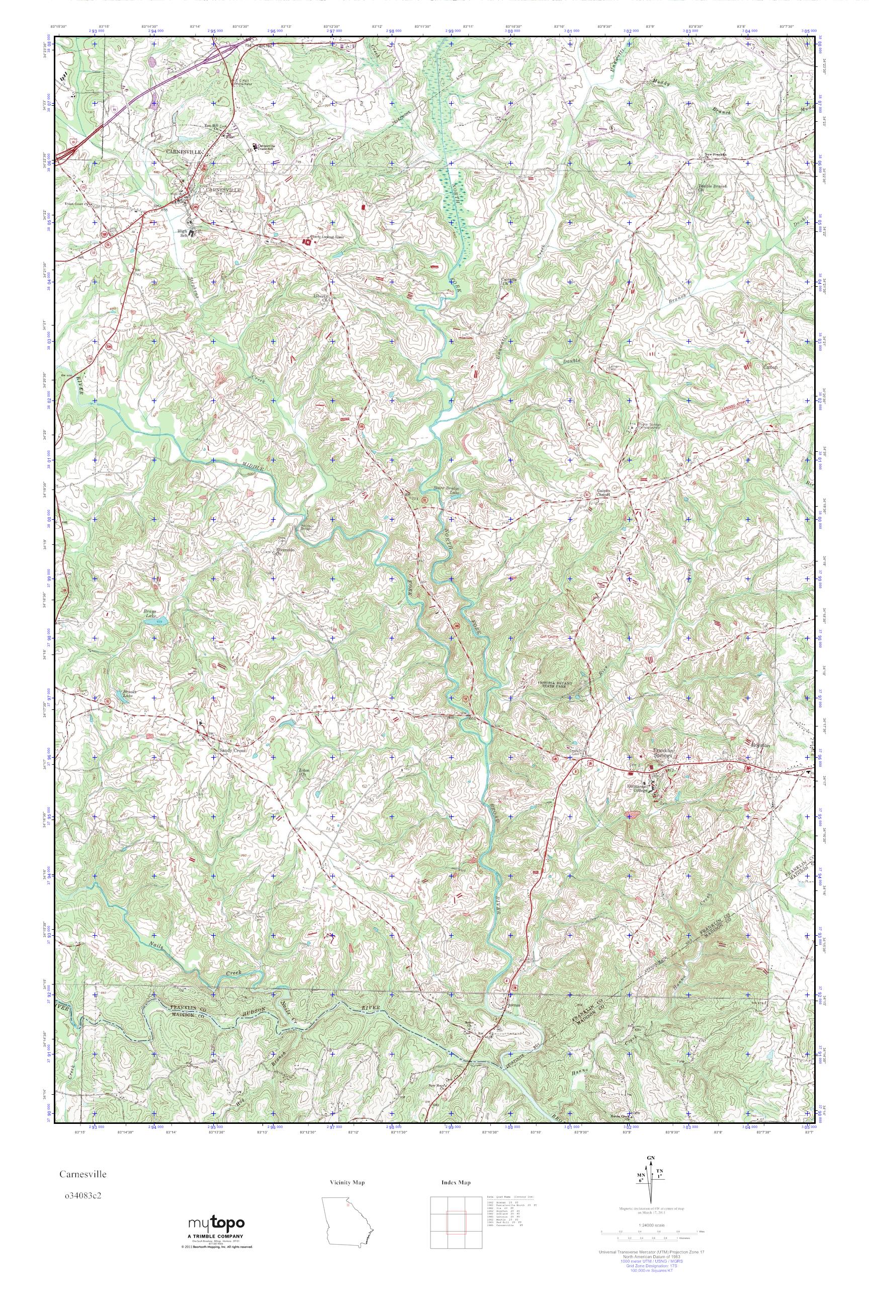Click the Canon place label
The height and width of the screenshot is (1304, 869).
click(771, 367)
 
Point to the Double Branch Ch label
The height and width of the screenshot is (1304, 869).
click(712, 189)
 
